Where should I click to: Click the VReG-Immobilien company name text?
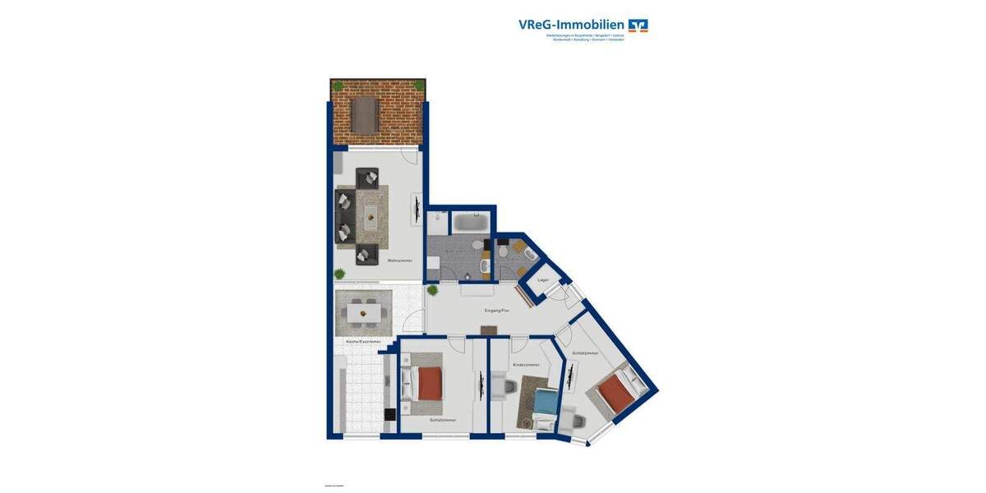coord(571,25)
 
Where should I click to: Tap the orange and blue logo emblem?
coord(638,25)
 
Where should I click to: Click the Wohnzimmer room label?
coord(399,260)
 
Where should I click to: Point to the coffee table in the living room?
coord(370,218)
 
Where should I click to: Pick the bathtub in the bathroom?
coord(471,223)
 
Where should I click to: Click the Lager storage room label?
coord(542,280)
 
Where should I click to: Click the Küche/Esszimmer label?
coord(362,341)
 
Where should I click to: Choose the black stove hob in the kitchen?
coord(389,415)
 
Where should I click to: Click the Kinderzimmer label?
coord(526,364)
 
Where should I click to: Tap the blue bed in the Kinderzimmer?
coord(545,403)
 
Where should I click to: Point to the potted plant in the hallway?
coord(433,290)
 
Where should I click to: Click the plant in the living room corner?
coord(339,274)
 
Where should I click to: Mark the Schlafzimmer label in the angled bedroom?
coord(585,352)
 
